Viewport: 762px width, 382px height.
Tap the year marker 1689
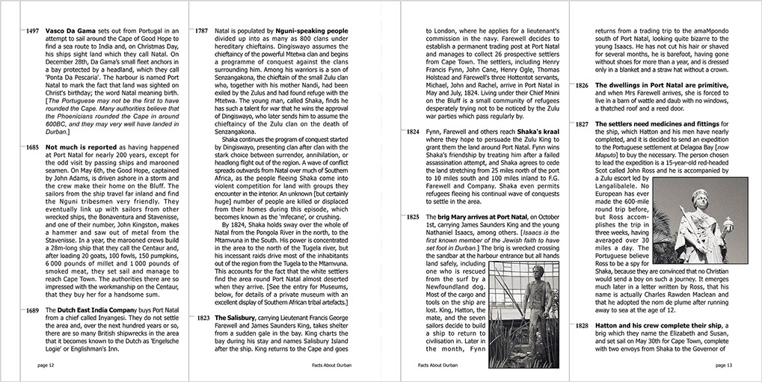point(33,310)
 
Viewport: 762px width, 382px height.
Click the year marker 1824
point(413,131)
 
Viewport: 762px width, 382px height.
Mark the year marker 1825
point(413,218)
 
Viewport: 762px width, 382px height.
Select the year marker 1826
point(582,86)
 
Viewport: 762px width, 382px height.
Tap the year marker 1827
point(582,123)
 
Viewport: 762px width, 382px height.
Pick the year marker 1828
point(582,326)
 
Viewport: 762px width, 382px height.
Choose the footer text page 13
point(725,366)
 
